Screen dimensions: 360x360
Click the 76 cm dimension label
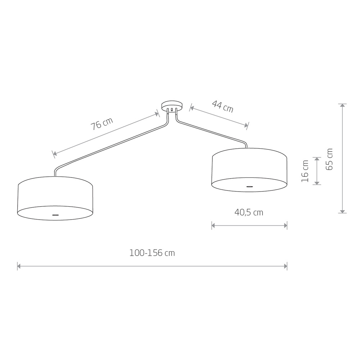102,124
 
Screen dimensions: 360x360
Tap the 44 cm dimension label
222,107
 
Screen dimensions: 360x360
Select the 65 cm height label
329,159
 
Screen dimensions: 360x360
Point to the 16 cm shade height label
305,171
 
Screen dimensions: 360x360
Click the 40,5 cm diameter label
249,212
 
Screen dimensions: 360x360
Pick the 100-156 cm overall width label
152,253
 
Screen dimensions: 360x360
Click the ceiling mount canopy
172,106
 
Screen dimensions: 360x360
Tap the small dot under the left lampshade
55,215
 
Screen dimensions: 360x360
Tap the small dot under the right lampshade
249,186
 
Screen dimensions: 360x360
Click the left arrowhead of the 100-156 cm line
19,266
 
